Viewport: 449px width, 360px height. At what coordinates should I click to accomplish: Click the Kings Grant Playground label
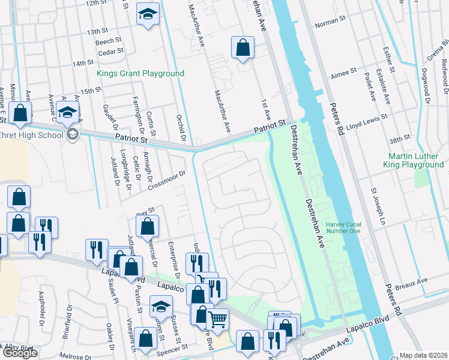click(140, 73)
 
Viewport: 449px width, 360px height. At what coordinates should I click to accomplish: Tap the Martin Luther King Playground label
click(415, 160)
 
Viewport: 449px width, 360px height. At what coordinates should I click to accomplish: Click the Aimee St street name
click(343, 78)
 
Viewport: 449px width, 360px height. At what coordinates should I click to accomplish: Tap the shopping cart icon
click(217, 319)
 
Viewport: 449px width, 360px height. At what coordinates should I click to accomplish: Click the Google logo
click(19, 353)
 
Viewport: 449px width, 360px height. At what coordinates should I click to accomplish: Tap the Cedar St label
click(109, 51)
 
